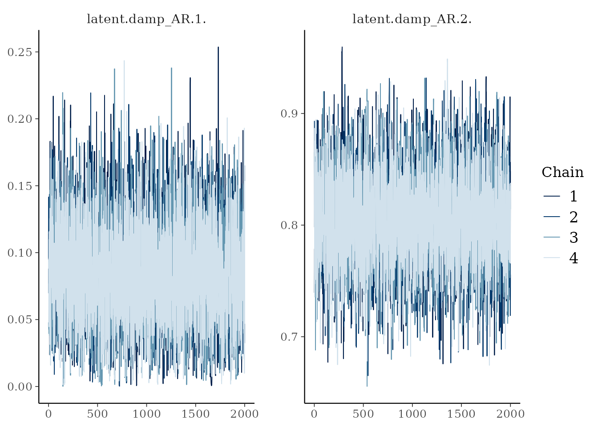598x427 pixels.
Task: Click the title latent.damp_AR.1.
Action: point(146,19)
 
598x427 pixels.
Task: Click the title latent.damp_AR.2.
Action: point(412,19)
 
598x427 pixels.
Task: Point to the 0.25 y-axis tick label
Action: point(20,52)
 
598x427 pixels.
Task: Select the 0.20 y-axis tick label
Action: point(20,119)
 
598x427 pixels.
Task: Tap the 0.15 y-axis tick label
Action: point(20,186)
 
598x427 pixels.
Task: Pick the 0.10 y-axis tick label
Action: point(20,253)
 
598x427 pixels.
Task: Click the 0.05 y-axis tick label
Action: point(20,320)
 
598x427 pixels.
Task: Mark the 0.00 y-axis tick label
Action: point(20,387)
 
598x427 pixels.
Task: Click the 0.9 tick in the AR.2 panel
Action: point(289,113)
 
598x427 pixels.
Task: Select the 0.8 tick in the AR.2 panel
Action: point(289,225)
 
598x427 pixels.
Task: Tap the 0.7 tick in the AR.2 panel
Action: point(289,337)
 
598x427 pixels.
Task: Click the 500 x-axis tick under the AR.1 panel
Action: point(97,414)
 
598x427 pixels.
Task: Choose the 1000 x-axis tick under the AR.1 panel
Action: point(146,414)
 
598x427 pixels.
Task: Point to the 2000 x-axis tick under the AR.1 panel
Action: point(244,414)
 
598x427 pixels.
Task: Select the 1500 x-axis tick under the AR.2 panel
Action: point(461,414)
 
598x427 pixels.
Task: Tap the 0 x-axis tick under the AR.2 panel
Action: point(314,414)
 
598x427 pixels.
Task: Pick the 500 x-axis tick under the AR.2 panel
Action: point(363,414)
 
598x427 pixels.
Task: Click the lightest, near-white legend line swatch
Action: point(552,258)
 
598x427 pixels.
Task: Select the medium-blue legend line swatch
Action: point(552,237)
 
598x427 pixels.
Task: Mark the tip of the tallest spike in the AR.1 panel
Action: point(218,47)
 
